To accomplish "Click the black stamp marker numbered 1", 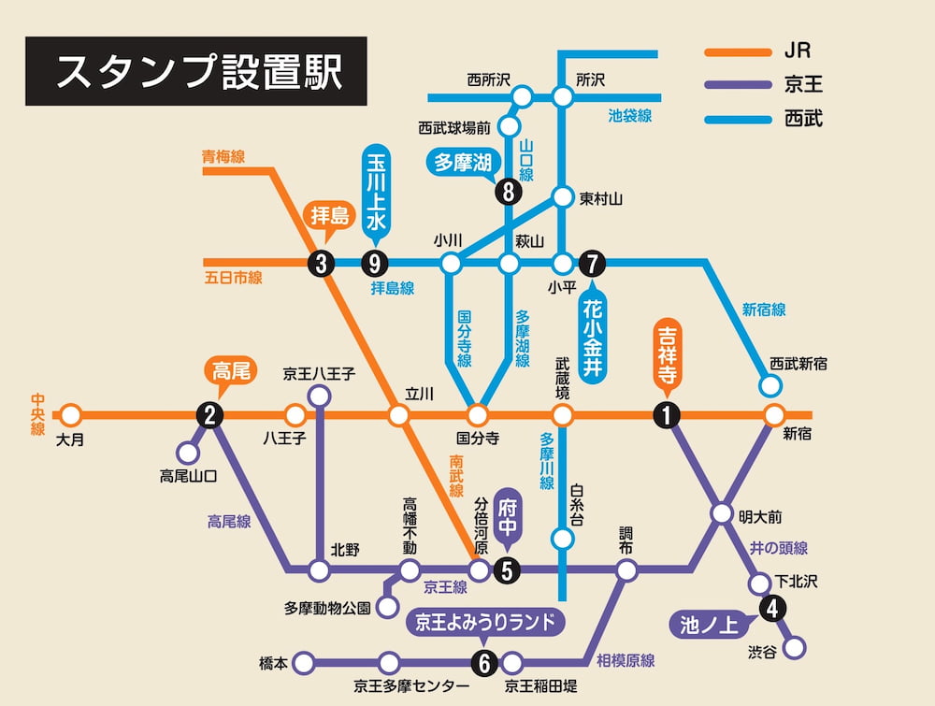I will click(x=666, y=415).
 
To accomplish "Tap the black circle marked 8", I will click(x=509, y=192).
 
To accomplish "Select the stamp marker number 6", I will click(x=483, y=664).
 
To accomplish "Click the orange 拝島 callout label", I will click(x=329, y=217).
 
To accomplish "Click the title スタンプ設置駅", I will click(x=196, y=71).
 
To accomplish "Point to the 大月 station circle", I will click(x=70, y=415).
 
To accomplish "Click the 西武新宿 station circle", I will click(x=770, y=385).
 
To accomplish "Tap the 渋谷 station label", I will click(x=762, y=652).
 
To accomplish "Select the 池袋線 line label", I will click(x=629, y=116).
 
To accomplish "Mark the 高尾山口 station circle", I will click(x=188, y=454).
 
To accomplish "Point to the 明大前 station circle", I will click(x=721, y=513).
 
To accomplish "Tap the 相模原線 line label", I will click(x=625, y=660).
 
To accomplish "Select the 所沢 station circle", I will click(x=562, y=96).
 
